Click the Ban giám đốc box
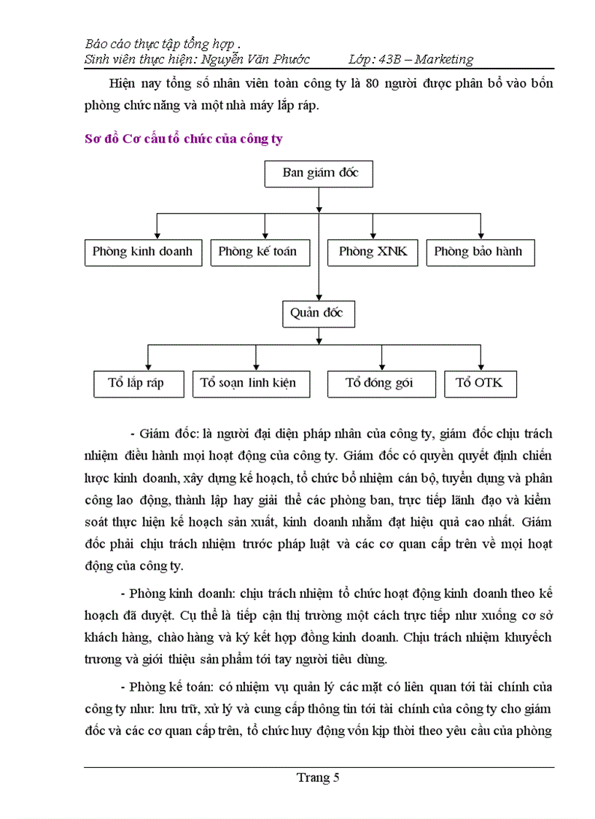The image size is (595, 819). click(x=319, y=174)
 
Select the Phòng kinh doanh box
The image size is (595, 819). click(x=143, y=252)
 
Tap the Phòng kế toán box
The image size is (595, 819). click(x=257, y=252)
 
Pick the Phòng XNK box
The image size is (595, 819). click(x=373, y=252)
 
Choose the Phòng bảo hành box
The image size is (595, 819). click(x=478, y=252)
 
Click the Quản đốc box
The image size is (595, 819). click(x=319, y=314)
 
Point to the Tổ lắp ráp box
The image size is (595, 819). click(x=139, y=384)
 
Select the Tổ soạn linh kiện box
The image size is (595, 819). click(x=244, y=384)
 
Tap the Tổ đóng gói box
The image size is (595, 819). click(x=379, y=384)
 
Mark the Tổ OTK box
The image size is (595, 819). click(x=480, y=384)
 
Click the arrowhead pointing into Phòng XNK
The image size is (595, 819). click(x=373, y=235)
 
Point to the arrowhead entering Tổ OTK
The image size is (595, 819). click(x=481, y=366)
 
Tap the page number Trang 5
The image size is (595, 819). click(x=319, y=777)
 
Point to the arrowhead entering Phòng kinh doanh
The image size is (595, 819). click(x=157, y=235)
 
